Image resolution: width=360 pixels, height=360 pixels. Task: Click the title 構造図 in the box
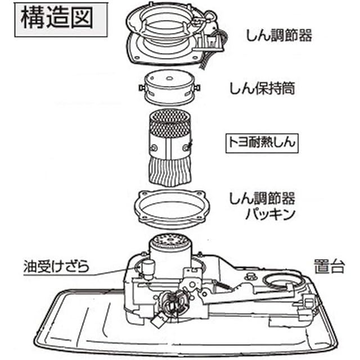[x=57, y=17]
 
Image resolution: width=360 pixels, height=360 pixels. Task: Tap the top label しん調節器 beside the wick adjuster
[x=279, y=35]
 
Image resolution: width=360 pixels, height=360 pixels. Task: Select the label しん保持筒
[x=263, y=88]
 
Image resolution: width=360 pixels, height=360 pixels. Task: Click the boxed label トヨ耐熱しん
[x=262, y=143]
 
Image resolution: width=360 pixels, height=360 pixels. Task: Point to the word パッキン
[x=270, y=214]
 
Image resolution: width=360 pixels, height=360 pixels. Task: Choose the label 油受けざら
[x=56, y=266]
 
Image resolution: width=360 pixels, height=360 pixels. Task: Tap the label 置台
[x=329, y=266]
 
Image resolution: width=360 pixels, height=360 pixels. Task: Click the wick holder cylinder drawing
[x=170, y=87]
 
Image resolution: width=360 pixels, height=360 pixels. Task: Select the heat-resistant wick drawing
[x=170, y=148]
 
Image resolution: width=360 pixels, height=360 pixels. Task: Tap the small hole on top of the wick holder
[x=169, y=78]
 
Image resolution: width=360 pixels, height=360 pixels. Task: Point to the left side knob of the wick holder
[x=142, y=88]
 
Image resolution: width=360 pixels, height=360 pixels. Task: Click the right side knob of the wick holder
[x=197, y=88]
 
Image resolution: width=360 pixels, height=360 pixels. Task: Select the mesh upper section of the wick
[x=170, y=123]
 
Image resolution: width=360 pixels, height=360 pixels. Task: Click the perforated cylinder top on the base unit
[x=170, y=240]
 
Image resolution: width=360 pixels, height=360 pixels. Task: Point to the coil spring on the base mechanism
[x=223, y=285]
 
